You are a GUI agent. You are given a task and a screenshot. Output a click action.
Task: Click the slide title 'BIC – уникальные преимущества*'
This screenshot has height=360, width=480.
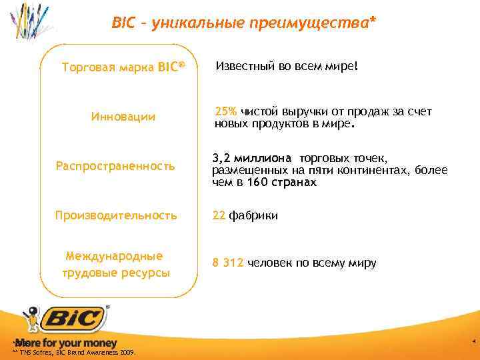243,24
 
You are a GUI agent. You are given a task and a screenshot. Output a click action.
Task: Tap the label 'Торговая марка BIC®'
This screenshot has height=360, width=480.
122,67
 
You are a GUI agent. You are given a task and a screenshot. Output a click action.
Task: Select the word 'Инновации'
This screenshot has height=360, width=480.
123,117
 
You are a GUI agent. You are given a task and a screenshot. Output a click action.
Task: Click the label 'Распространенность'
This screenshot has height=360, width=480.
115,165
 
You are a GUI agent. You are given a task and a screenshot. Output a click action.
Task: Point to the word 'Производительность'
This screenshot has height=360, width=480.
116,215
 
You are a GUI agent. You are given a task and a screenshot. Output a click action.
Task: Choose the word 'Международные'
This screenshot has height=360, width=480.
115,256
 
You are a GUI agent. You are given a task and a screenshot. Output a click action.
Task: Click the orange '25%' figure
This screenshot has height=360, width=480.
225,112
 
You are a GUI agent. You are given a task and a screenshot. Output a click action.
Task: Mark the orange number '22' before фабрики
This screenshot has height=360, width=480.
219,215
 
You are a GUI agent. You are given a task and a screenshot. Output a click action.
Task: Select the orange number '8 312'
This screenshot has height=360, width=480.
228,263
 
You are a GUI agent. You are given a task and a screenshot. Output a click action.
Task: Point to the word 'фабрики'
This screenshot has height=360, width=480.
253,215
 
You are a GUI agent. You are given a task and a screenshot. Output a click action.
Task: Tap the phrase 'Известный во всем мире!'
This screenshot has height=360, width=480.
287,67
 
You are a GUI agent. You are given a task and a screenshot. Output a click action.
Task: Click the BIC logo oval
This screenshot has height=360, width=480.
73,319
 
